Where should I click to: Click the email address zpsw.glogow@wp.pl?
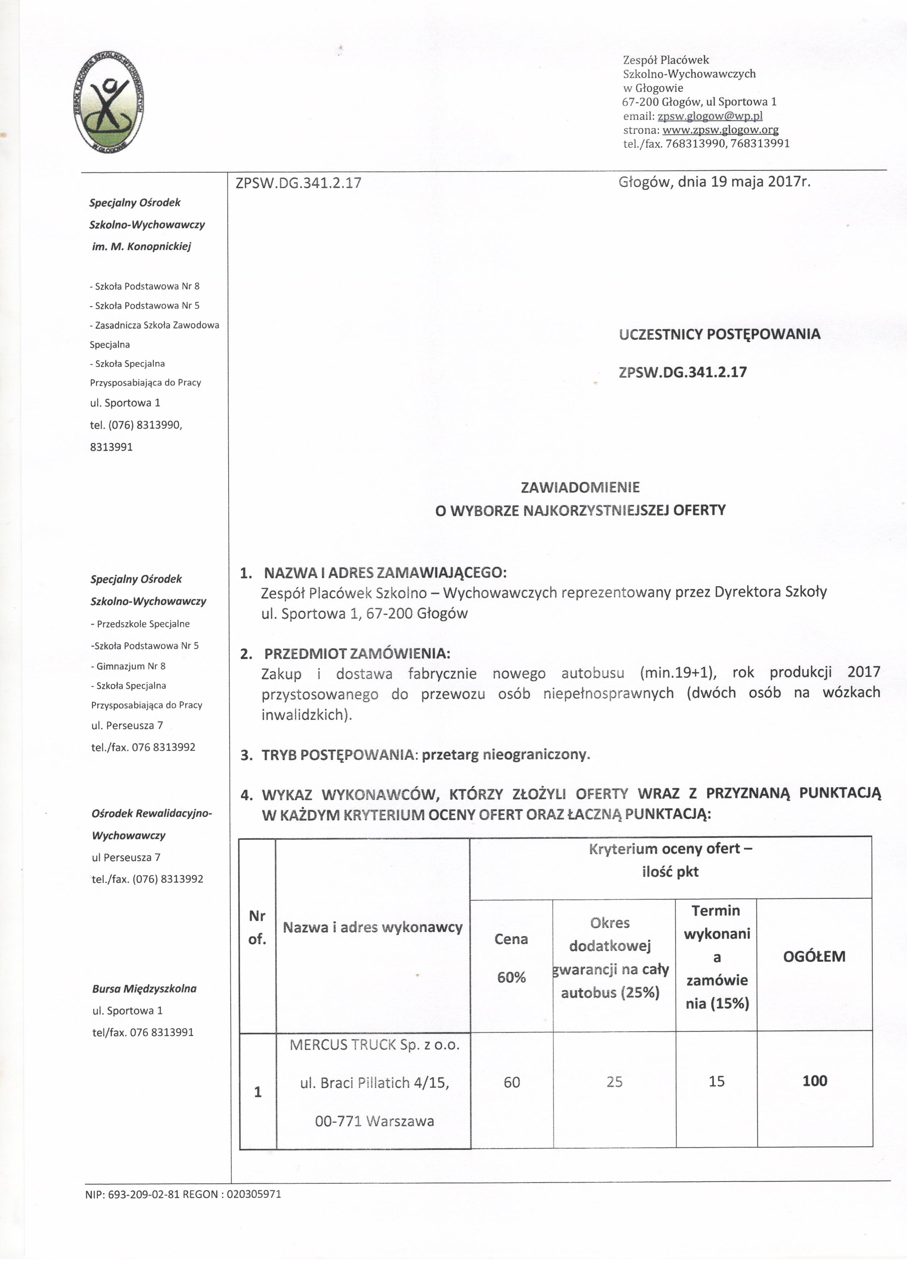[x=710, y=116]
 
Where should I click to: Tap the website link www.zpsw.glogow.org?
[x=720, y=130]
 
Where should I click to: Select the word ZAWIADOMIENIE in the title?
[x=580, y=487]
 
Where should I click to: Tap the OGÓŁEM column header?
[x=814, y=957]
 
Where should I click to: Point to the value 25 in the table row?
[x=614, y=1082]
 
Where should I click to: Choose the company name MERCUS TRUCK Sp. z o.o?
[x=374, y=1045]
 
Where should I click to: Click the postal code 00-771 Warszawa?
[x=374, y=1121]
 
